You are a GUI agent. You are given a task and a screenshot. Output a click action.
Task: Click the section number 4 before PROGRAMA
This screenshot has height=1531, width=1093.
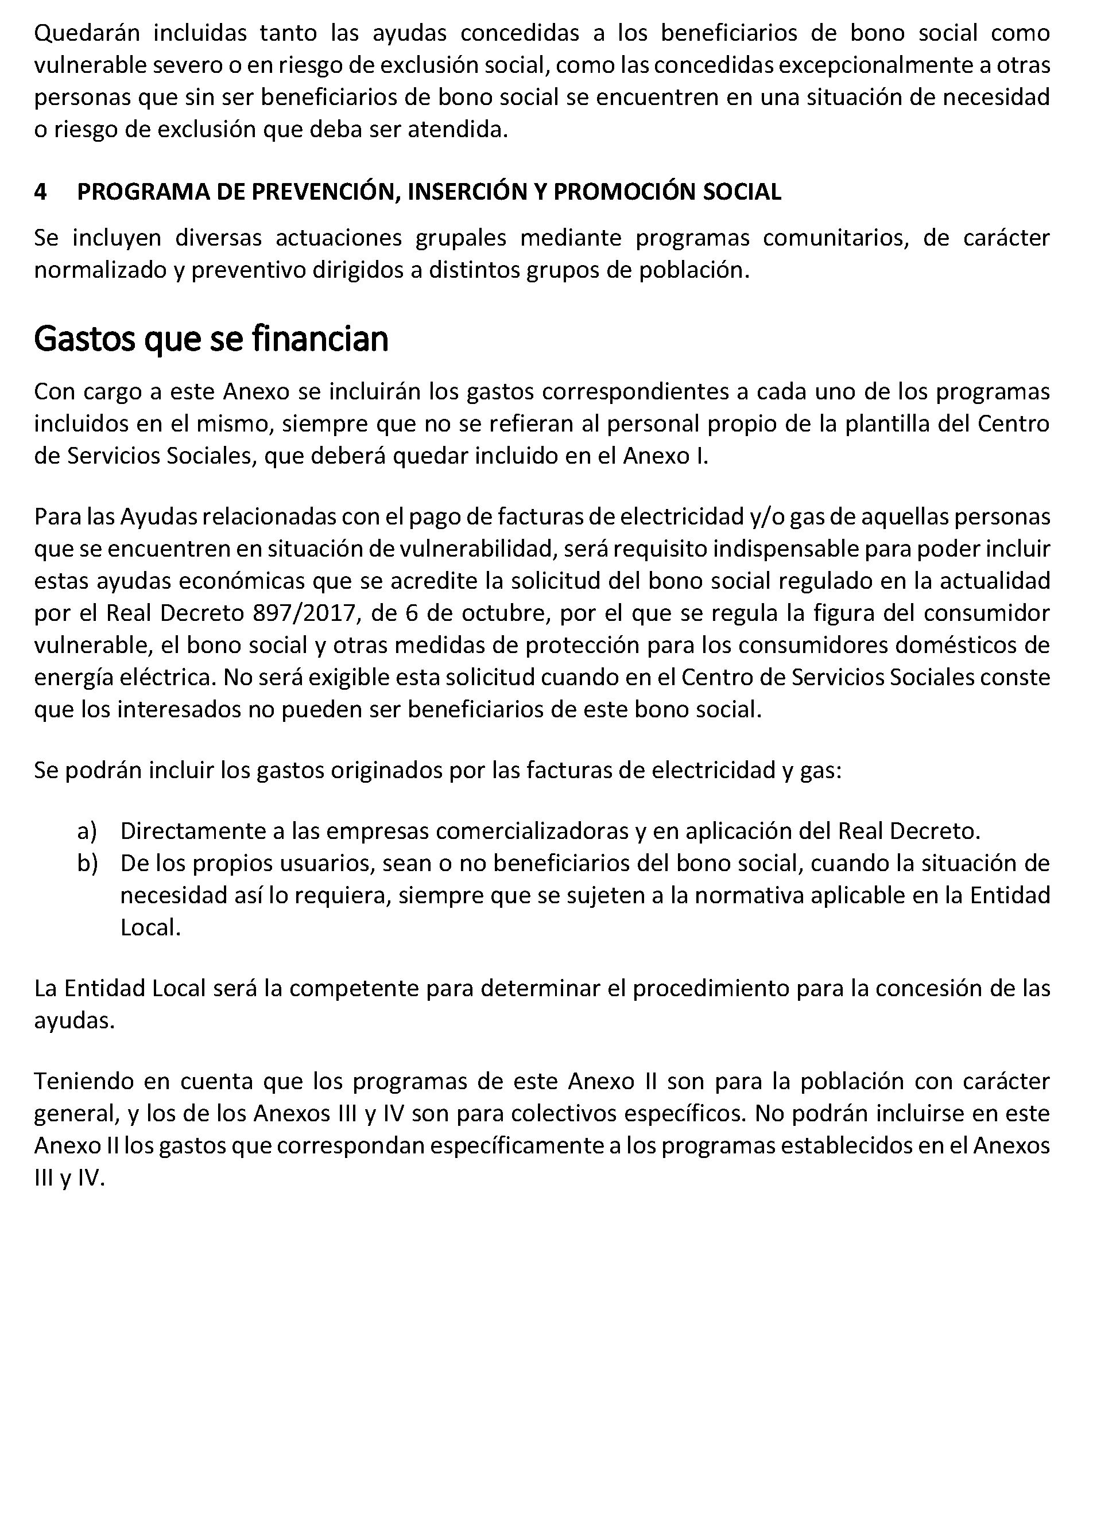(x=40, y=192)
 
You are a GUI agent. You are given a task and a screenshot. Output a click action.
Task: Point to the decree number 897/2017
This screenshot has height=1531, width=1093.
(x=304, y=613)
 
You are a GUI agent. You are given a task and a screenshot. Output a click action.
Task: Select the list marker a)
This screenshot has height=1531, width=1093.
(x=87, y=831)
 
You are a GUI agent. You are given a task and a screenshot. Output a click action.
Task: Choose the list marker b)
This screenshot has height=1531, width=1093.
(x=87, y=864)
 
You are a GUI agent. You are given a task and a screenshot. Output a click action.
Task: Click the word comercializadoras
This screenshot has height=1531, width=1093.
(x=532, y=831)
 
